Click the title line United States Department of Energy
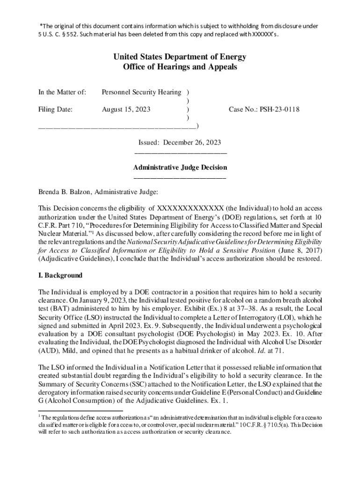(x=180, y=57)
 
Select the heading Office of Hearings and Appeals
(x=180, y=67)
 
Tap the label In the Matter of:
(x=62, y=92)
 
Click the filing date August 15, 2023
(x=126, y=109)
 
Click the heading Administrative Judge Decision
(x=180, y=167)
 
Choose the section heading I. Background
(x=60, y=275)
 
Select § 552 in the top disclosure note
(x=71, y=34)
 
